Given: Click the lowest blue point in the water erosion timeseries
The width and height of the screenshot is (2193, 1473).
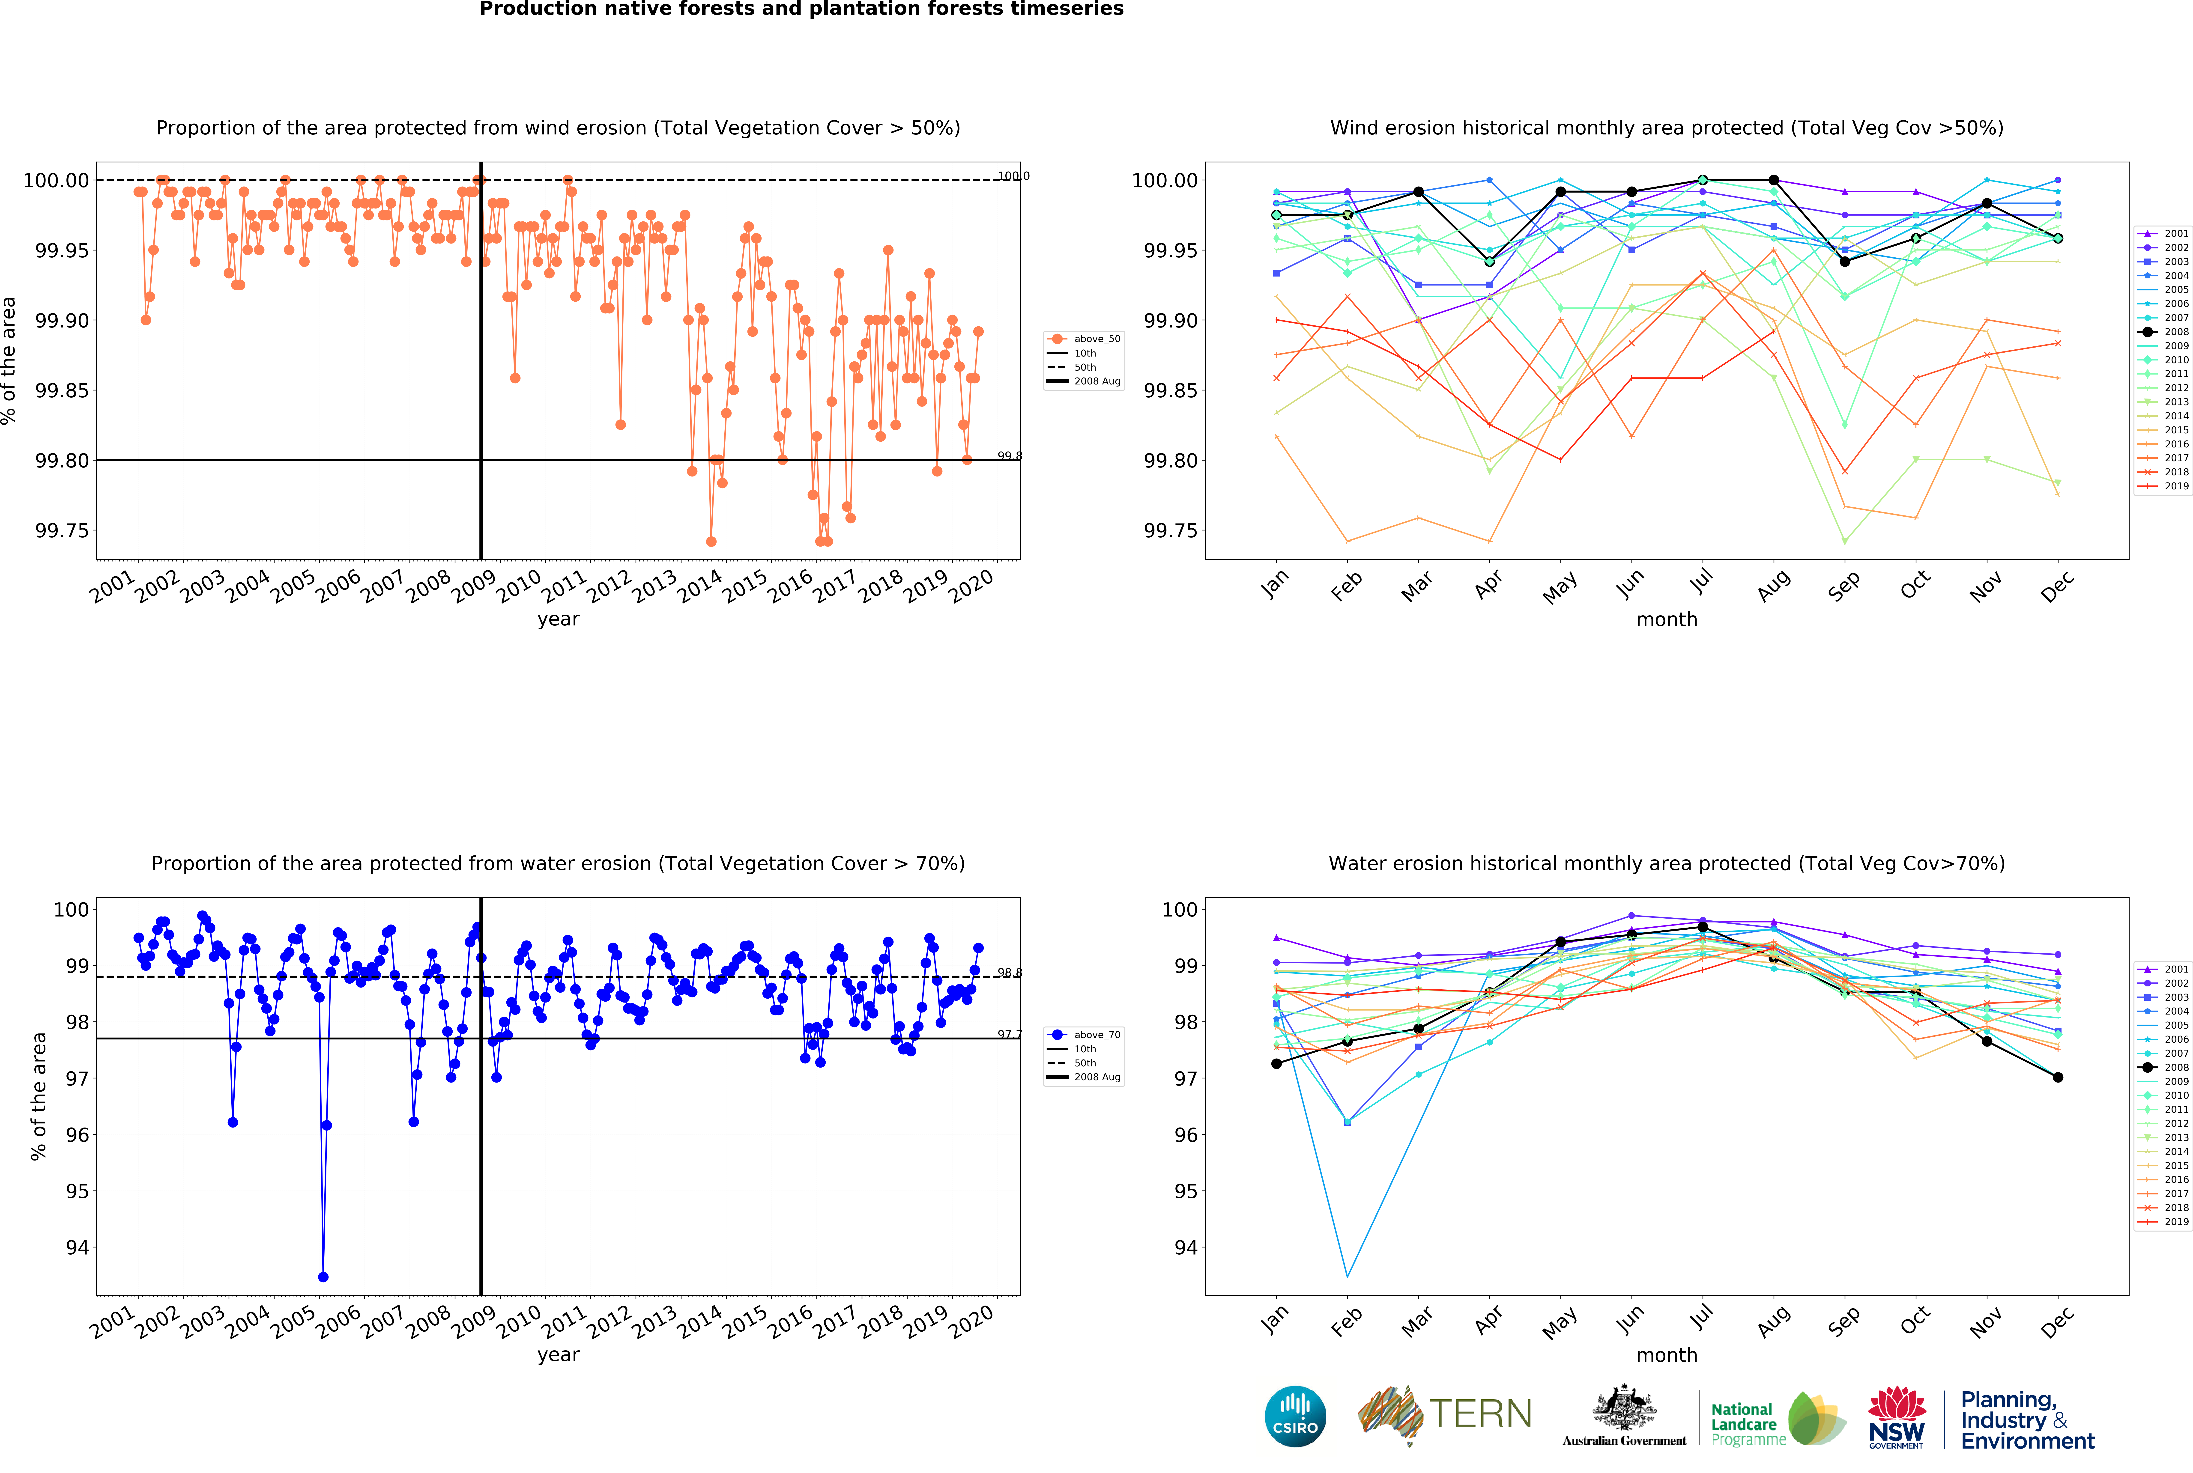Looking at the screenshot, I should pyautogui.click(x=323, y=1277).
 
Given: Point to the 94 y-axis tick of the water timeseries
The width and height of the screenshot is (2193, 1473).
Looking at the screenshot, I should pyautogui.click(x=77, y=1247).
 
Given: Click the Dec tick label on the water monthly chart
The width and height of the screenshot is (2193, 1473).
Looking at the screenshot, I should pyautogui.click(x=2057, y=1322).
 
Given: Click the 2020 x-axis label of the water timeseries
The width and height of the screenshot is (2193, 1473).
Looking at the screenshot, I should pyautogui.click(x=971, y=1322).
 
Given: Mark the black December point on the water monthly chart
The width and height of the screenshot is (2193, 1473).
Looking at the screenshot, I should pyautogui.click(x=2058, y=1077).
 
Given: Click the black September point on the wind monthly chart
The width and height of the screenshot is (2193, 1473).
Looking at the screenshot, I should pyautogui.click(x=1844, y=262).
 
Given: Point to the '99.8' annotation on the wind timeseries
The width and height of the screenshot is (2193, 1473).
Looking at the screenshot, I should pyautogui.click(x=1009, y=457).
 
